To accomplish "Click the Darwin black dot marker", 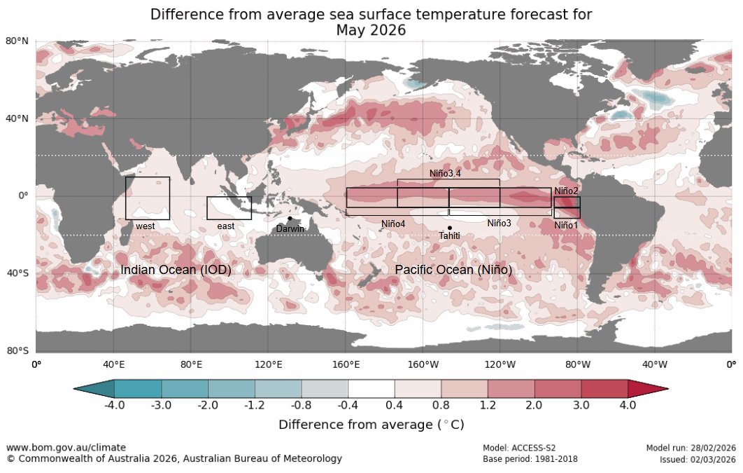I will [x=290, y=218].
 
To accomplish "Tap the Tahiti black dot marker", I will [x=449, y=228].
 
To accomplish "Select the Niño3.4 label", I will [x=449, y=172].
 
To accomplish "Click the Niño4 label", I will [x=393, y=224].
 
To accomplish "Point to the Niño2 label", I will [x=566, y=191].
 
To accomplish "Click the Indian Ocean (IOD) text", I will [x=176, y=270].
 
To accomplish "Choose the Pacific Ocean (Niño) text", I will [x=453, y=270].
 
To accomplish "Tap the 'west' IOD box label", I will [x=146, y=226].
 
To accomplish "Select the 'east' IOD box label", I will [x=226, y=226].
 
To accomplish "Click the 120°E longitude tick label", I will [x=269, y=364].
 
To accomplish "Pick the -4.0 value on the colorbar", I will [x=114, y=405].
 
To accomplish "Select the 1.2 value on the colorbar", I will [x=488, y=405].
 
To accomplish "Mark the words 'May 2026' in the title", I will [x=371, y=30].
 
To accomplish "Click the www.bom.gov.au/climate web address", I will [x=66, y=447].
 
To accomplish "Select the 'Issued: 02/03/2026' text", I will [x=698, y=460].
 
